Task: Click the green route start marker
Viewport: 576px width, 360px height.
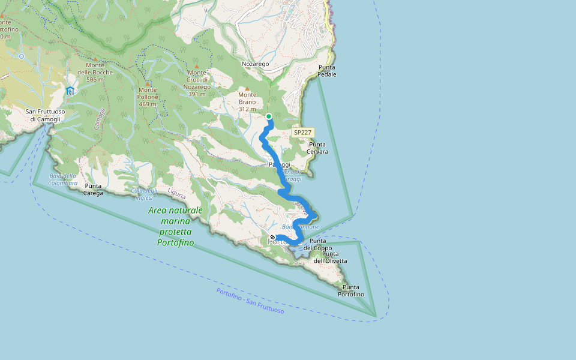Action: [269, 116]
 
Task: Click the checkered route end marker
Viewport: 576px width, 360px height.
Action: [273, 238]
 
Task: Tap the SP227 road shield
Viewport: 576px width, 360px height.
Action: [303, 132]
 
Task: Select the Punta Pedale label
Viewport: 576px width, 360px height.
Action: [328, 71]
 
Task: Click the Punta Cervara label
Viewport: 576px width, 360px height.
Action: [318, 148]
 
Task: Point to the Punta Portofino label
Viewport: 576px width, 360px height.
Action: [351, 290]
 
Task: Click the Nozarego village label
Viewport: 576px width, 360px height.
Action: [255, 64]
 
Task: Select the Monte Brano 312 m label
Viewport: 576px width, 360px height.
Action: [247, 102]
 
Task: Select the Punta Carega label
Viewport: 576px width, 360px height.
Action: [94, 190]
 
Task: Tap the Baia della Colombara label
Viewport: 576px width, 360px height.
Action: [62, 179]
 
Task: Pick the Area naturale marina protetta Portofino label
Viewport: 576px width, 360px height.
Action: [176, 226]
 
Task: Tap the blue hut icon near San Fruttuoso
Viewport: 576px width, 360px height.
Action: [70, 91]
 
